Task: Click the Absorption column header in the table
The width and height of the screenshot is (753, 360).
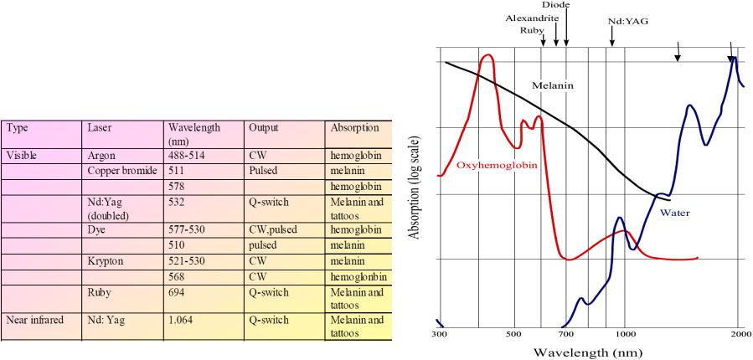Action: pyautogui.click(x=354, y=128)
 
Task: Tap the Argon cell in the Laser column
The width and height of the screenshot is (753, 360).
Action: pyautogui.click(x=103, y=156)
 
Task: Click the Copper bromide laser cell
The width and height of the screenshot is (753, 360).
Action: pyautogui.click(x=123, y=171)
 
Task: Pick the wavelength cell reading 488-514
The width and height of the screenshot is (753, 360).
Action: pyautogui.click(x=186, y=156)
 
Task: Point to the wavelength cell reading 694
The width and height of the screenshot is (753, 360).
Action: pyautogui.click(x=176, y=292)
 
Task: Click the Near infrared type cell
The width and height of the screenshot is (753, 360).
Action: pyautogui.click(x=34, y=320)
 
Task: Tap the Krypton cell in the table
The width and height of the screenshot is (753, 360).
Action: pyautogui.click(x=106, y=262)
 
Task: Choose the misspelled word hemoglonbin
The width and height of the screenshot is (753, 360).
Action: pyautogui.click(x=358, y=277)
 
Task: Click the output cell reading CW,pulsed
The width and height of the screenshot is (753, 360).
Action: pyautogui.click(x=272, y=230)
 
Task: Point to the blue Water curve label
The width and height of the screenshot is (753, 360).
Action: pyautogui.click(x=675, y=212)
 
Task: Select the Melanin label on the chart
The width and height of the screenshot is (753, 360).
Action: pyautogui.click(x=553, y=86)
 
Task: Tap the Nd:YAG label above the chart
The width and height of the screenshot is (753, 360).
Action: pyautogui.click(x=625, y=21)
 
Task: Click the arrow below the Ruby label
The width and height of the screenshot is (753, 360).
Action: pyautogui.click(x=543, y=41)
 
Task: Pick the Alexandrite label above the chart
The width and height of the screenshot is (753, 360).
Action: pyautogui.click(x=532, y=18)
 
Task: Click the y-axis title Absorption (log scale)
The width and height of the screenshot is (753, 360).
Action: pyautogui.click(x=415, y=188)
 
